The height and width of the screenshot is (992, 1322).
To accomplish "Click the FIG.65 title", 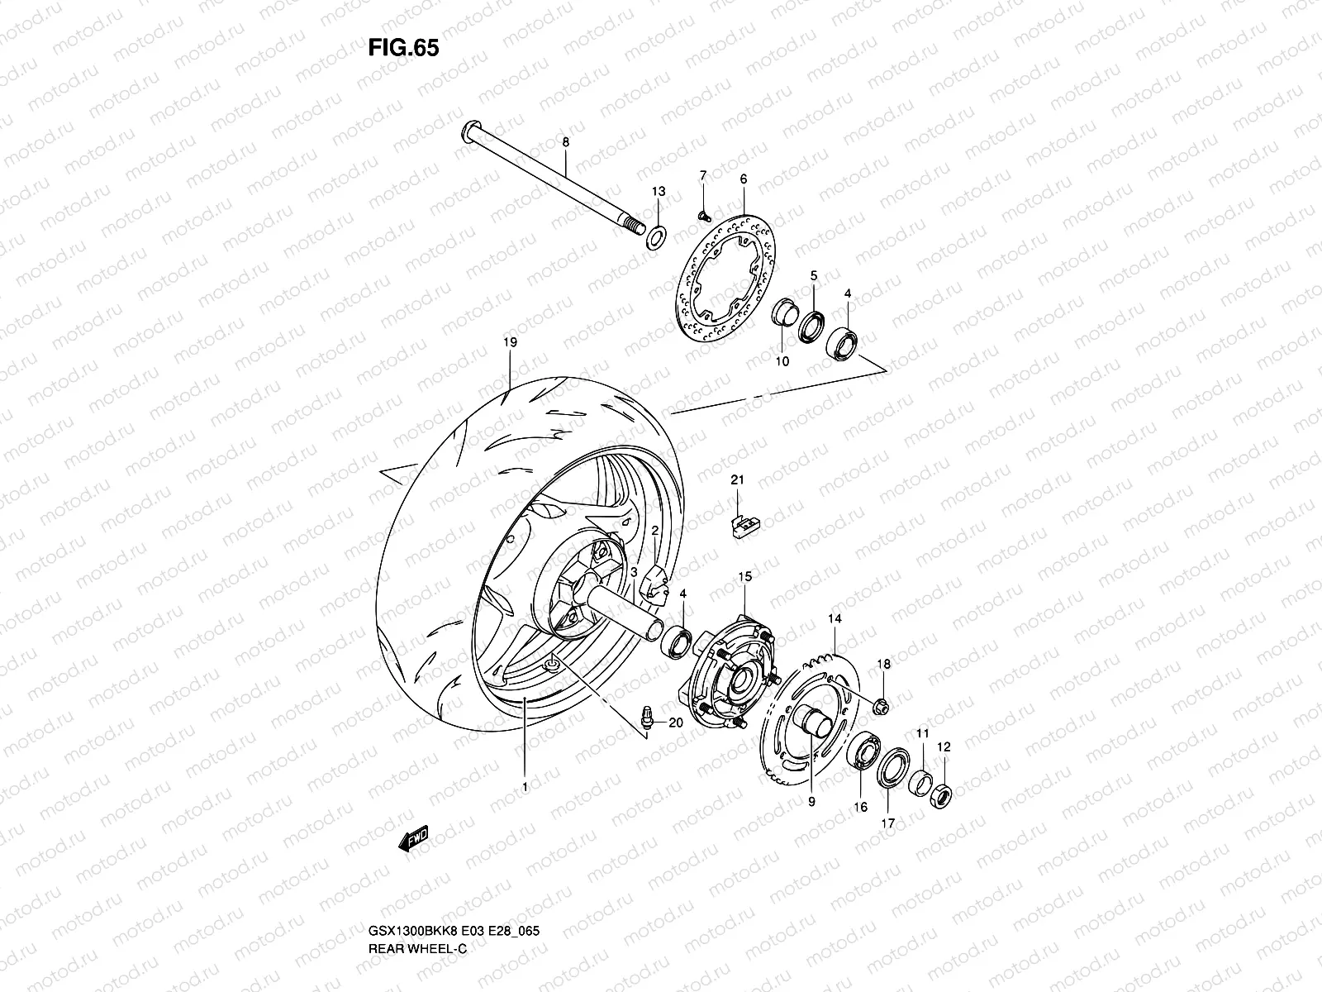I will (403, 48).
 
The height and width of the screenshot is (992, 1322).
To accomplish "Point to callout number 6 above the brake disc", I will (743, 179).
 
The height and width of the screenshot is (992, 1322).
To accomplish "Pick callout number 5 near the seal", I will (812, 275).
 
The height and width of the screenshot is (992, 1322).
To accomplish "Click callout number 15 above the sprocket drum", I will (744, 575).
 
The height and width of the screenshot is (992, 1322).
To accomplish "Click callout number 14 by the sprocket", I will (834, 619).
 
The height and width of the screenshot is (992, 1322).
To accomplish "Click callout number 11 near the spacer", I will (922, 733).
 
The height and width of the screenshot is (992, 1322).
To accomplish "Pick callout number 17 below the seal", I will (888, 823).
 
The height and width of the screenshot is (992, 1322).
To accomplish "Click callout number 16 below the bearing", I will (860, 807).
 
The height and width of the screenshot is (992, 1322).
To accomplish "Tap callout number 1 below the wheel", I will (525, 788).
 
